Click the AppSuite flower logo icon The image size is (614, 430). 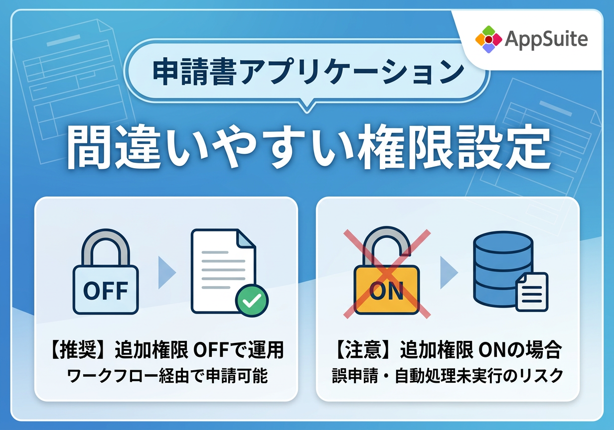tap(488, 39)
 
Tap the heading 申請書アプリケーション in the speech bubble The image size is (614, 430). tap(308, 72)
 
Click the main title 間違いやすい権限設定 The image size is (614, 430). tap(308, 147)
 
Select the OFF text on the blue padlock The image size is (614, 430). tap(106, 291)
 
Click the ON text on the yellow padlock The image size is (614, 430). tap(387, 291)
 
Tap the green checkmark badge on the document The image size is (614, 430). tap(252, 301)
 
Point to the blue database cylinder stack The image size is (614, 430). tap(503, 269)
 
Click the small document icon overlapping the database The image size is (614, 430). tap(532, 292)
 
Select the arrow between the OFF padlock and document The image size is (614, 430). tap(166, 272)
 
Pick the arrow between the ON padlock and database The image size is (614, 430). tap(448, 272)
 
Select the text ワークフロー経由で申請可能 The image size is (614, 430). tap(167, 376)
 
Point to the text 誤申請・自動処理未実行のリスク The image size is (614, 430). tap(448, 376)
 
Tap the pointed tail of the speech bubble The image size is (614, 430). tap(307, 107)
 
